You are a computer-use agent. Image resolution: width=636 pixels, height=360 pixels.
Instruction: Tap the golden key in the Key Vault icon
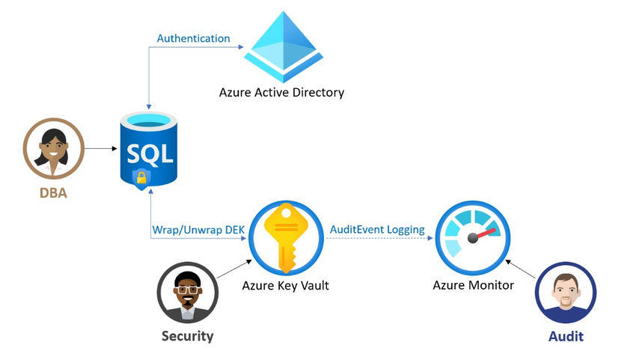tap(286, 237)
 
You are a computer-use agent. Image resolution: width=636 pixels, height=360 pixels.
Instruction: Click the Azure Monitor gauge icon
tap(472, 238)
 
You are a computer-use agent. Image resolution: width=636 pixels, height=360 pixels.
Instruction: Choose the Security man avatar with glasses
tap(187, 292)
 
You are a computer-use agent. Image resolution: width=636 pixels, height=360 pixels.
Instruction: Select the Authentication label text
tap(193, 38)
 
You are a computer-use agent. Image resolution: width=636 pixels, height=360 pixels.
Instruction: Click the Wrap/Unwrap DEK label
tap(196, 229)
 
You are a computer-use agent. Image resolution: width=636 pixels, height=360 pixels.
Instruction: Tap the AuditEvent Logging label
tap(377, 229)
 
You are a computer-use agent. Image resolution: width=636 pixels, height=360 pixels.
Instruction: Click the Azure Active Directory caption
tap(281, 94)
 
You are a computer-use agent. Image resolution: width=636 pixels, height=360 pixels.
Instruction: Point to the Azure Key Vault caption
tap(285, 285)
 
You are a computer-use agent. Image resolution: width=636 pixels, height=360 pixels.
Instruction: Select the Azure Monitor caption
tap(473, 285)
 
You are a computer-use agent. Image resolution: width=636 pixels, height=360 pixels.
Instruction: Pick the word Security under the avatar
tap(187, 336)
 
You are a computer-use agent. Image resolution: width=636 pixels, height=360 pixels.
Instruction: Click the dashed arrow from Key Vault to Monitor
tap(378, 238)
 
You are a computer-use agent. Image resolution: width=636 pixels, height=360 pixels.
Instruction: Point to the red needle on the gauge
tap(484, 234)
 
